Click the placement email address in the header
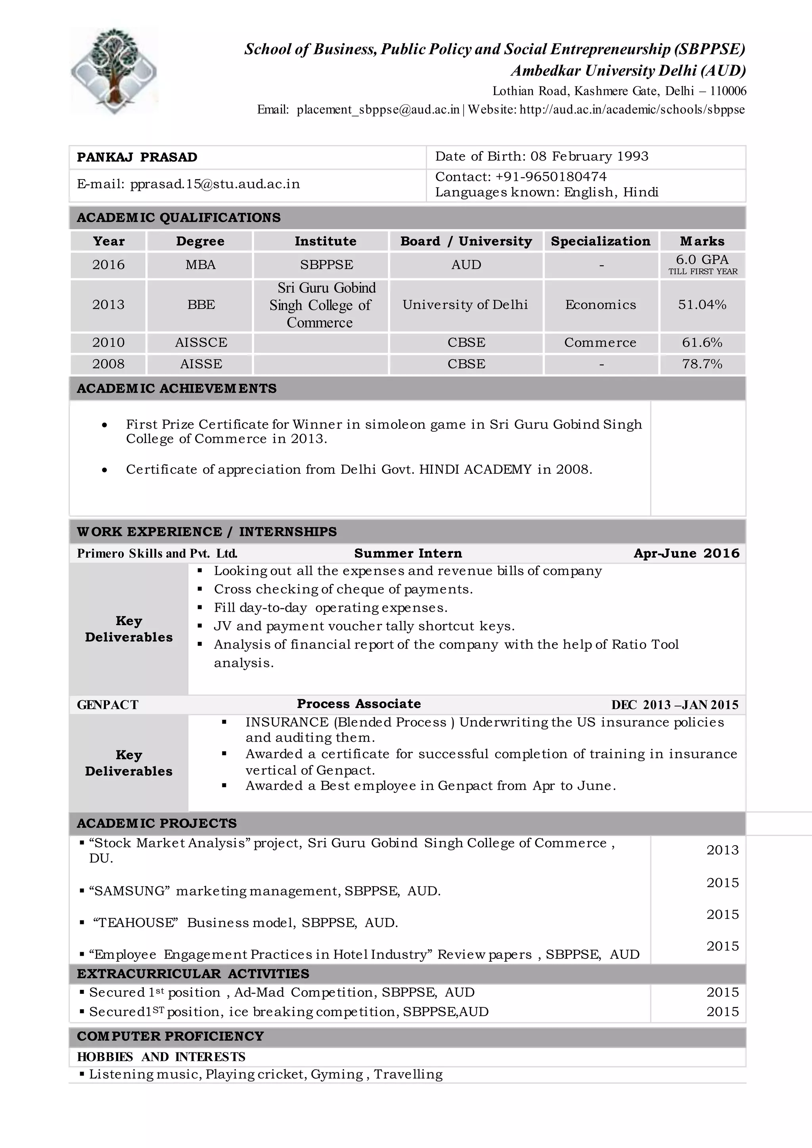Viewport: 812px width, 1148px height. coord(377,109)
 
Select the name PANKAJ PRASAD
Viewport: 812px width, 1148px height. coord(137,157)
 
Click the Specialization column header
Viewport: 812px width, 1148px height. coord(601,241)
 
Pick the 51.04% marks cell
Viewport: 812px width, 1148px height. coord(702,304)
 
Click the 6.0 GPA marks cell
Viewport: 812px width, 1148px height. coord(702,260)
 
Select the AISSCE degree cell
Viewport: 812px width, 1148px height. coord(201,342)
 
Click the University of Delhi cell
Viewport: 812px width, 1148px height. coord(465,304)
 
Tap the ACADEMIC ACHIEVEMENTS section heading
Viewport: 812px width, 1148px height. coord(176,388)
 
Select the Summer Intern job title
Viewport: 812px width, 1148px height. coord(408,553)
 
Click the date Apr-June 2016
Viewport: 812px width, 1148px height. coord(686,553)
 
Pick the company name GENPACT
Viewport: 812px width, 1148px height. coord(107,705)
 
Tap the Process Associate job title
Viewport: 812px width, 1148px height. coord(358,704)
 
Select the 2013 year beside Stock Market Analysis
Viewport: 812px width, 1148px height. coord(722,850)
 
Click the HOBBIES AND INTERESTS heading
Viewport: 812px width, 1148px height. coord(161,1057)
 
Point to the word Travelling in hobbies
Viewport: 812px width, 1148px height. coord(408,1075)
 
